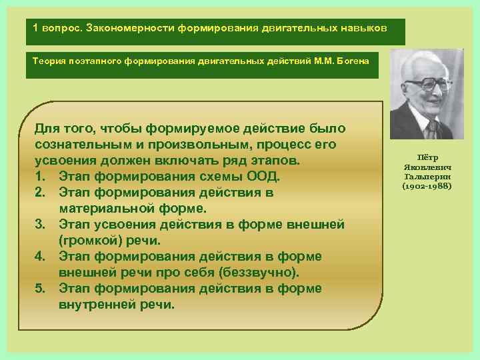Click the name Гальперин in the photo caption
click(427, 177)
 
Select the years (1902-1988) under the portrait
click(427, 185)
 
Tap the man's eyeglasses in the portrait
click(426, 85)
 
